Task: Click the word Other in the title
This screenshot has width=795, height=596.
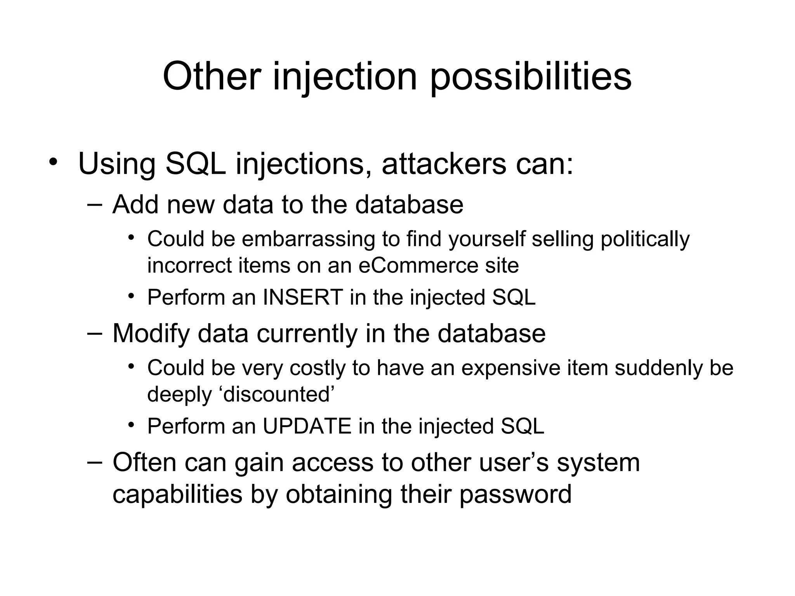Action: click(x=211, y=76)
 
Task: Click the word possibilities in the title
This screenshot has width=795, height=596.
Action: click(x=531, y=76)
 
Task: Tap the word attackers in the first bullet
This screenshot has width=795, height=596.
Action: click(x=444, y=164)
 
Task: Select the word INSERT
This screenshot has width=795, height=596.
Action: click(x=303, y=298)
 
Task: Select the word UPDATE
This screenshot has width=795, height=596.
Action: click(x=307, y=426)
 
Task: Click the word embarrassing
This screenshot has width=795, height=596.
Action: click(x=308, y=239)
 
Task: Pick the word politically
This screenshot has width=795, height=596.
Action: click(x=645, y=239)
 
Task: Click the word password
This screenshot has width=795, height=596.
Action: click(x=515, y=495)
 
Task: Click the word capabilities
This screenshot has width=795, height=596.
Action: click(x=177, y=495)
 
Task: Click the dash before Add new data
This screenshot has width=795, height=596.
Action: click(x=94, y=204)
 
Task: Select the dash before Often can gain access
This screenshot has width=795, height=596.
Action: click(x=94, y=463)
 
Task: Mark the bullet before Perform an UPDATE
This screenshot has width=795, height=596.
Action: click(x=131, y=424)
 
